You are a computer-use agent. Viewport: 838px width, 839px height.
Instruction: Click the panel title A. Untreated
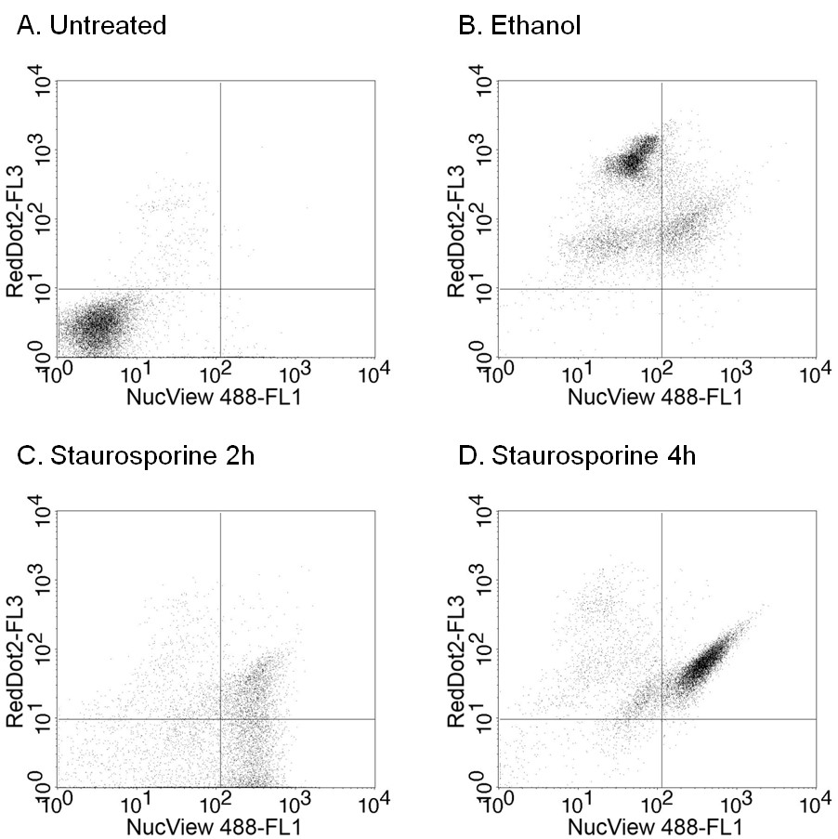click(91, 25)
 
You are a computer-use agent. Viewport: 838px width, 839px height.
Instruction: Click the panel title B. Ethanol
click(520, 25)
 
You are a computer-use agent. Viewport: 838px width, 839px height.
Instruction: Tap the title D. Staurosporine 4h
click(568, 456)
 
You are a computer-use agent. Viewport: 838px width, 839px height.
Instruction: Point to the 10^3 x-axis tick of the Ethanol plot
click(735, 374)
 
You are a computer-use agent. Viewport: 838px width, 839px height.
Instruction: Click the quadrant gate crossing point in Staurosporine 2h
click(220, 719)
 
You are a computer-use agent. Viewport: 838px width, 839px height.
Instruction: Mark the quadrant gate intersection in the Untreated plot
click(220, 288)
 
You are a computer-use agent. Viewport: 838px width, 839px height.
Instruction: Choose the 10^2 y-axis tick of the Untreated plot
click(40, 220)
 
